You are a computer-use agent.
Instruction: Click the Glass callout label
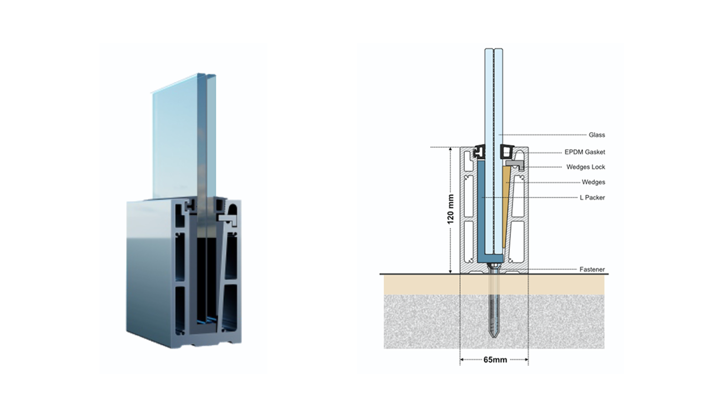[596, 135]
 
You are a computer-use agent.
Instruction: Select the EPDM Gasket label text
[585, 152]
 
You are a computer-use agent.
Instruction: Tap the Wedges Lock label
[585, 167]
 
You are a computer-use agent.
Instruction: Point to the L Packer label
[592, 198]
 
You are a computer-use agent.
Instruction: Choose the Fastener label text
[592, 269]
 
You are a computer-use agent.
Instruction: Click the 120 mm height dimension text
[450, 209]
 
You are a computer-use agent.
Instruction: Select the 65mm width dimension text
[495, 360]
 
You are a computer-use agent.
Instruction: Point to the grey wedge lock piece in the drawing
[515, 164]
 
